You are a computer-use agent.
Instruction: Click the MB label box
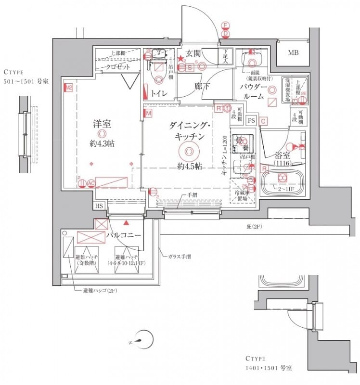pos(293,53)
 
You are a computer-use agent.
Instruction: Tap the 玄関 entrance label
pos(193,53)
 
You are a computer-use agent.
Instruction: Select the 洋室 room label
pos(102,124)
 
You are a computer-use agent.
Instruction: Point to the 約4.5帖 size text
pos(189,167)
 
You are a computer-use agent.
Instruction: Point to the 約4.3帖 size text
pos(102,143)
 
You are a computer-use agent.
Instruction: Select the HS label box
pos(99,206)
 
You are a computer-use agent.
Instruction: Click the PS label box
pos(251,121)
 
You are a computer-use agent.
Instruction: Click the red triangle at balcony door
pos(126,223)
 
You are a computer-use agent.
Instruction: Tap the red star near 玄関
pos(181,59)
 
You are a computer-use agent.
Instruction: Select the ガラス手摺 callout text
pos(179,257)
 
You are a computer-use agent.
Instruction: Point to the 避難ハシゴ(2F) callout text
pos(96,291)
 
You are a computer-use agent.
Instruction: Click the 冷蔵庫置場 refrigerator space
pos(242,194)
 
